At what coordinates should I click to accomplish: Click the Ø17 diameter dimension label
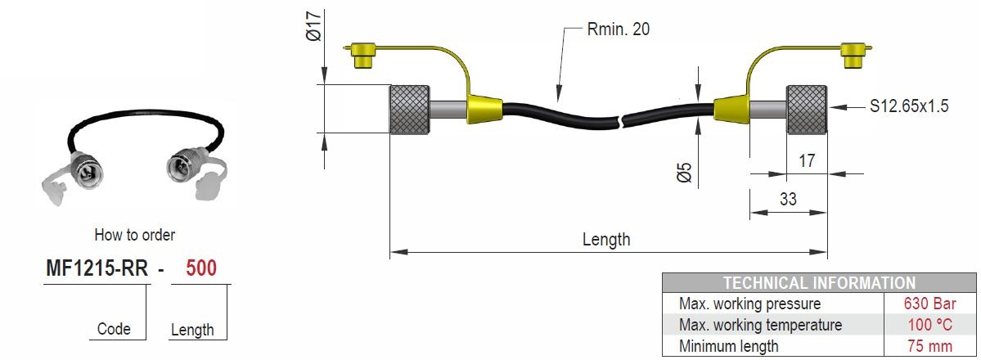pyautogui.click(x=312, y=27)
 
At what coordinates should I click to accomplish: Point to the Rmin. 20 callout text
pyautogui.click(x=619, y=29)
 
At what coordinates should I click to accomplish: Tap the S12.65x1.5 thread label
pyautogui.click(x=909, y=106)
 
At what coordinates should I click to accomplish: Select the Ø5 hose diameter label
pyautogui.click(x=685, y=171)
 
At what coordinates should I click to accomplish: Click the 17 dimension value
pyautogui.click(x=806, y=161)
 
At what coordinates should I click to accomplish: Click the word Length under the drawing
pyautogui.click(x=606, y=240)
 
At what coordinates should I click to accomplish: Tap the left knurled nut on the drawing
pyautogui.click(x=407, y=109)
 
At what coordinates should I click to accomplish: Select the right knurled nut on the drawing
pyautogui.click(x=807, y=109)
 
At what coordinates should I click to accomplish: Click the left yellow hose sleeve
pyautogui.click(x=484, y=110)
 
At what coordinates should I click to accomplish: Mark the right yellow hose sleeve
pyautogui.click(x=731, y=110)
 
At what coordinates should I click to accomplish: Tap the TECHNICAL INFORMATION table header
pyautogui.click(x=819, y=283)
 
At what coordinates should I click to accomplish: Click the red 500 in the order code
pyautogui.click(x=201, y=268)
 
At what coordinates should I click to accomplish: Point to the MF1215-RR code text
pyautogui.click(x=96, y=268)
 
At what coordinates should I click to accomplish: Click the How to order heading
pyautogui.click(x=135, y=235)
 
